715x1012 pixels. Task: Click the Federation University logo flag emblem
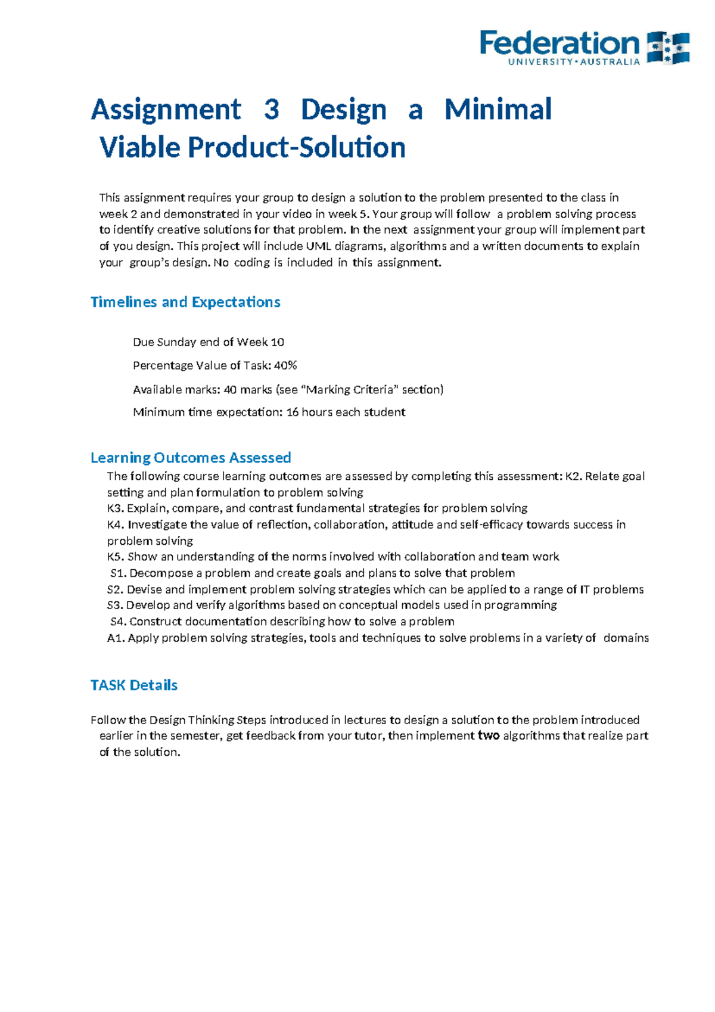(x=669, y=48)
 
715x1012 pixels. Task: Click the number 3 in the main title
(x=271, y=110)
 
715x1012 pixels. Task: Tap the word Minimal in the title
(x=498, y=110)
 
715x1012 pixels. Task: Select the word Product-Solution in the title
(x=297, y=147)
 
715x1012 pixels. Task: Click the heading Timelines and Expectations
(x=185, y=302)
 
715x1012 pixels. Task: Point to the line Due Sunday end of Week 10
(x=208, y=342)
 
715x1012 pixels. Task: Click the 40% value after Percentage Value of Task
(x=285, y=365)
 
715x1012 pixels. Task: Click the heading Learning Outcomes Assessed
(x=191, y=458)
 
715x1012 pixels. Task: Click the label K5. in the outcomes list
(x=116, y=557)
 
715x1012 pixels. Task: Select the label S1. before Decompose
(x=119, y=573)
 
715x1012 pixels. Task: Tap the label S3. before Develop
(x=115, y=606)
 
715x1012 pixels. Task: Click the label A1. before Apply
(x=116, y=638)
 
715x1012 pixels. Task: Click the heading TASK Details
(x=134, y=685)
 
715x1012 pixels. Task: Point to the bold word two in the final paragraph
(x=489, y=736)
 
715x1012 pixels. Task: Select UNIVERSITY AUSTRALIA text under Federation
(x=574, y=62)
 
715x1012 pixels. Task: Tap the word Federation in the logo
(x=559, y=43)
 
